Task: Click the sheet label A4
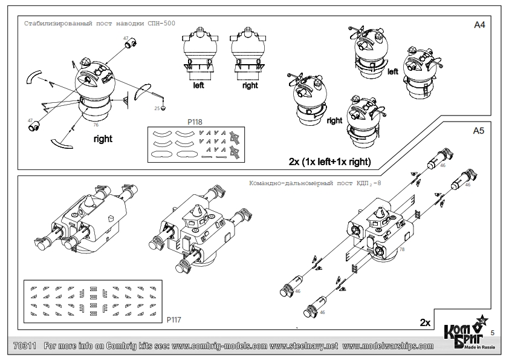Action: point(480,27)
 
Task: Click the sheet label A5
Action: point(480,130)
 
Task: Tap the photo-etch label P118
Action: point(195,122)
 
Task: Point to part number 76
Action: point(96,125)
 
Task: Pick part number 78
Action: point(401,249)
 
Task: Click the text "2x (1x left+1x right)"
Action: point(329,162)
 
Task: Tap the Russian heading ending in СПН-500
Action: point(83,25)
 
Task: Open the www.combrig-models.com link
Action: point(221,346)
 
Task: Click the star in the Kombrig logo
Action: point(482,322)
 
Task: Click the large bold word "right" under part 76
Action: point(103,139)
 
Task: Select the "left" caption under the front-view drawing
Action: point(198,86)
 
